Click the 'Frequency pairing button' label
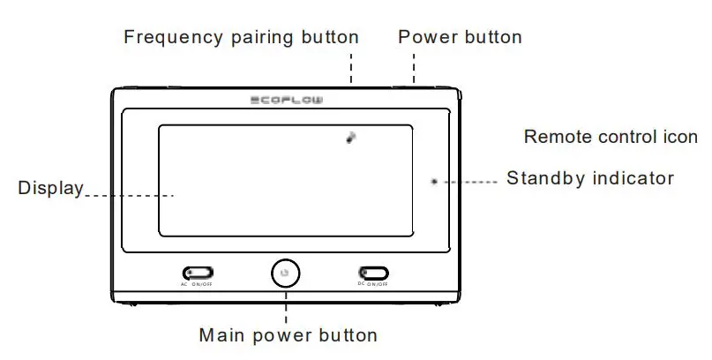point(241,37)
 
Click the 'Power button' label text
point(460,37)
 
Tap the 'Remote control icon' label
point(611,137)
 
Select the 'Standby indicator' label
point(589,179)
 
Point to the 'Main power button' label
point(288,335)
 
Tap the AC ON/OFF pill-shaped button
point(197,274)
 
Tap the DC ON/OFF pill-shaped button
point(372,274)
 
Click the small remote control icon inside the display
point(351,138)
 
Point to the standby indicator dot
point(433,181)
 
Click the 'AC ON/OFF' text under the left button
point(197,285)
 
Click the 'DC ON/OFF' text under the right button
point(372,285)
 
